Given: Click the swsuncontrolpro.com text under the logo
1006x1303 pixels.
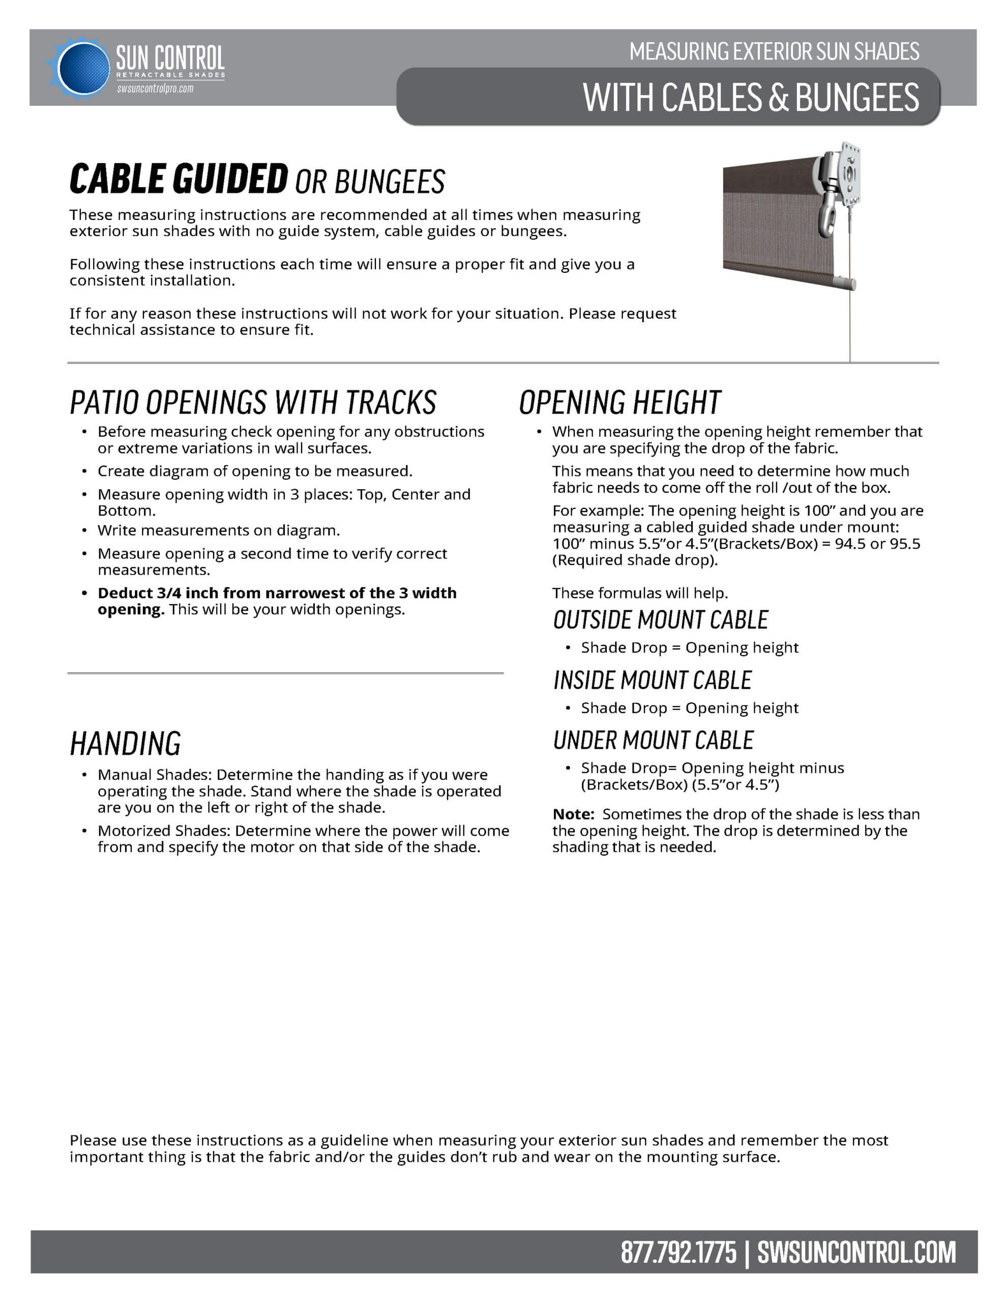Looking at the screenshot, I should [155, 89].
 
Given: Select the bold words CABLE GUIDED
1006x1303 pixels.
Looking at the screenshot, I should [179, 179].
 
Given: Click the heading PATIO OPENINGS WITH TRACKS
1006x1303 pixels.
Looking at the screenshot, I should [253, 402].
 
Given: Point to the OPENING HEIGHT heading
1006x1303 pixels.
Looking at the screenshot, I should [619, 402].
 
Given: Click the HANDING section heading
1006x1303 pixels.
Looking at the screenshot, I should [125, 744].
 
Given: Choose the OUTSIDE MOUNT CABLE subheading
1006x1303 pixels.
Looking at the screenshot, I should [660, 620].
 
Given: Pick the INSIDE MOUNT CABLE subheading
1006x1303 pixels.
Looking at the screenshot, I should [653, 680].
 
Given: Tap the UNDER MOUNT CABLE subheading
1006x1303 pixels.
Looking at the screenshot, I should [653, 741].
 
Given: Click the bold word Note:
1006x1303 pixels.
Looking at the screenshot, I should [573, 814].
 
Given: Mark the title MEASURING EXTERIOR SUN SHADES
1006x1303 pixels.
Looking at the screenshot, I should [774, 52].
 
